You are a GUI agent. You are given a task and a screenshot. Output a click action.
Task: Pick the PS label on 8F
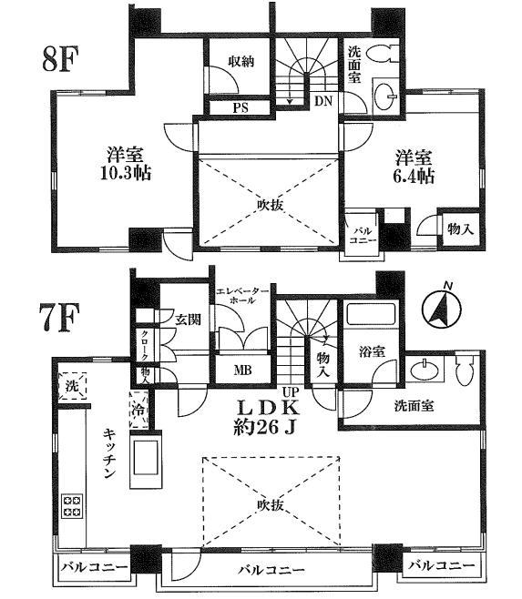pyautogui.click(x=241, y=107)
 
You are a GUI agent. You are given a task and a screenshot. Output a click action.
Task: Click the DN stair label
pyautogui.click(x=323, y=102)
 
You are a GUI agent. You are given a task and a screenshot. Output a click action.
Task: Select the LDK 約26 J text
pyautogui.click(x=270, y=413)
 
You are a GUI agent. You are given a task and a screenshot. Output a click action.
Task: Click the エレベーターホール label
pyautogui.click(x=243, y=296)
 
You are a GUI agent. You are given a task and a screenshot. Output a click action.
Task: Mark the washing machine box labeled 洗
pyautogui.click(x=71, y=386)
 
